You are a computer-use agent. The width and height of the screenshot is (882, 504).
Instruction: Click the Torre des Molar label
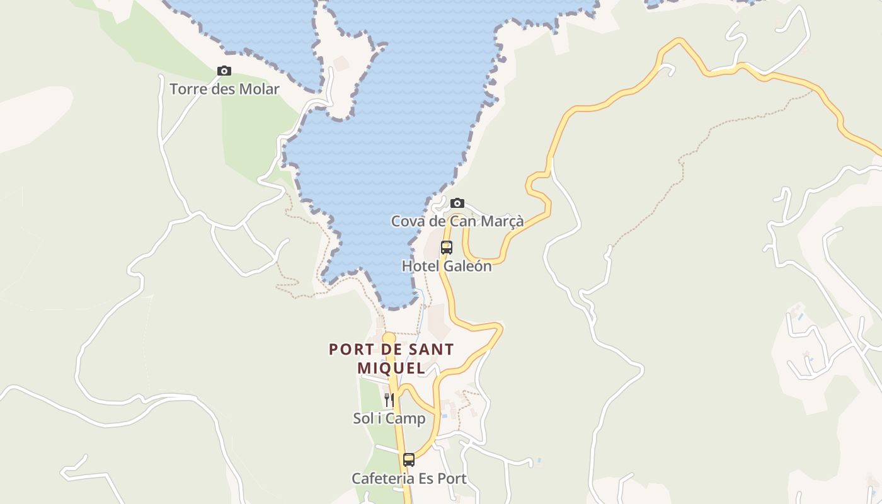(224, 89)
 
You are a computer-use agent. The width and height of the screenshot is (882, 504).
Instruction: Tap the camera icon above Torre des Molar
(224, 71)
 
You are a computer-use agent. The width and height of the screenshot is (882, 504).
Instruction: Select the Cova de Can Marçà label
(457, 221)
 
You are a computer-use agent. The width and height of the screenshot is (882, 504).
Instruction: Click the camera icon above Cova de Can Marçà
(457, 203)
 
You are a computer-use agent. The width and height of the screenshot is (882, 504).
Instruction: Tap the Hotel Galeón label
(447, 266)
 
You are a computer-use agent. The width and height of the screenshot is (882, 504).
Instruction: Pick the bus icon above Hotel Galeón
(447, 248)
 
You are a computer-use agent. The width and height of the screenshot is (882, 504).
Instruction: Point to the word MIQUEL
(391, 367)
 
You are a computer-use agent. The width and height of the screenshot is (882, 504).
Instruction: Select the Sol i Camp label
(389, 418)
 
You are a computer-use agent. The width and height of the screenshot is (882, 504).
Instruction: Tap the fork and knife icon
(389, 399)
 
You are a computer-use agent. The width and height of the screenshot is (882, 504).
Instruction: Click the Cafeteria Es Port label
(409, 479)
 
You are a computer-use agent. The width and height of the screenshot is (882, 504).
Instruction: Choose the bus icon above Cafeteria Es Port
(409, 460)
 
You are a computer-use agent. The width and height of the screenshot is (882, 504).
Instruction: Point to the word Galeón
(467, 266)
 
